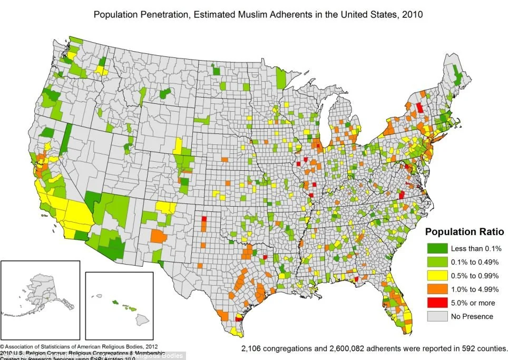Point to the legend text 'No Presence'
coord(472,316)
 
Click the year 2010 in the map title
coord(412,14)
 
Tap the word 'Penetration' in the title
coord(164,14)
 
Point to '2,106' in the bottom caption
coord(253,348)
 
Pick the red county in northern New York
coord(419,108)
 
